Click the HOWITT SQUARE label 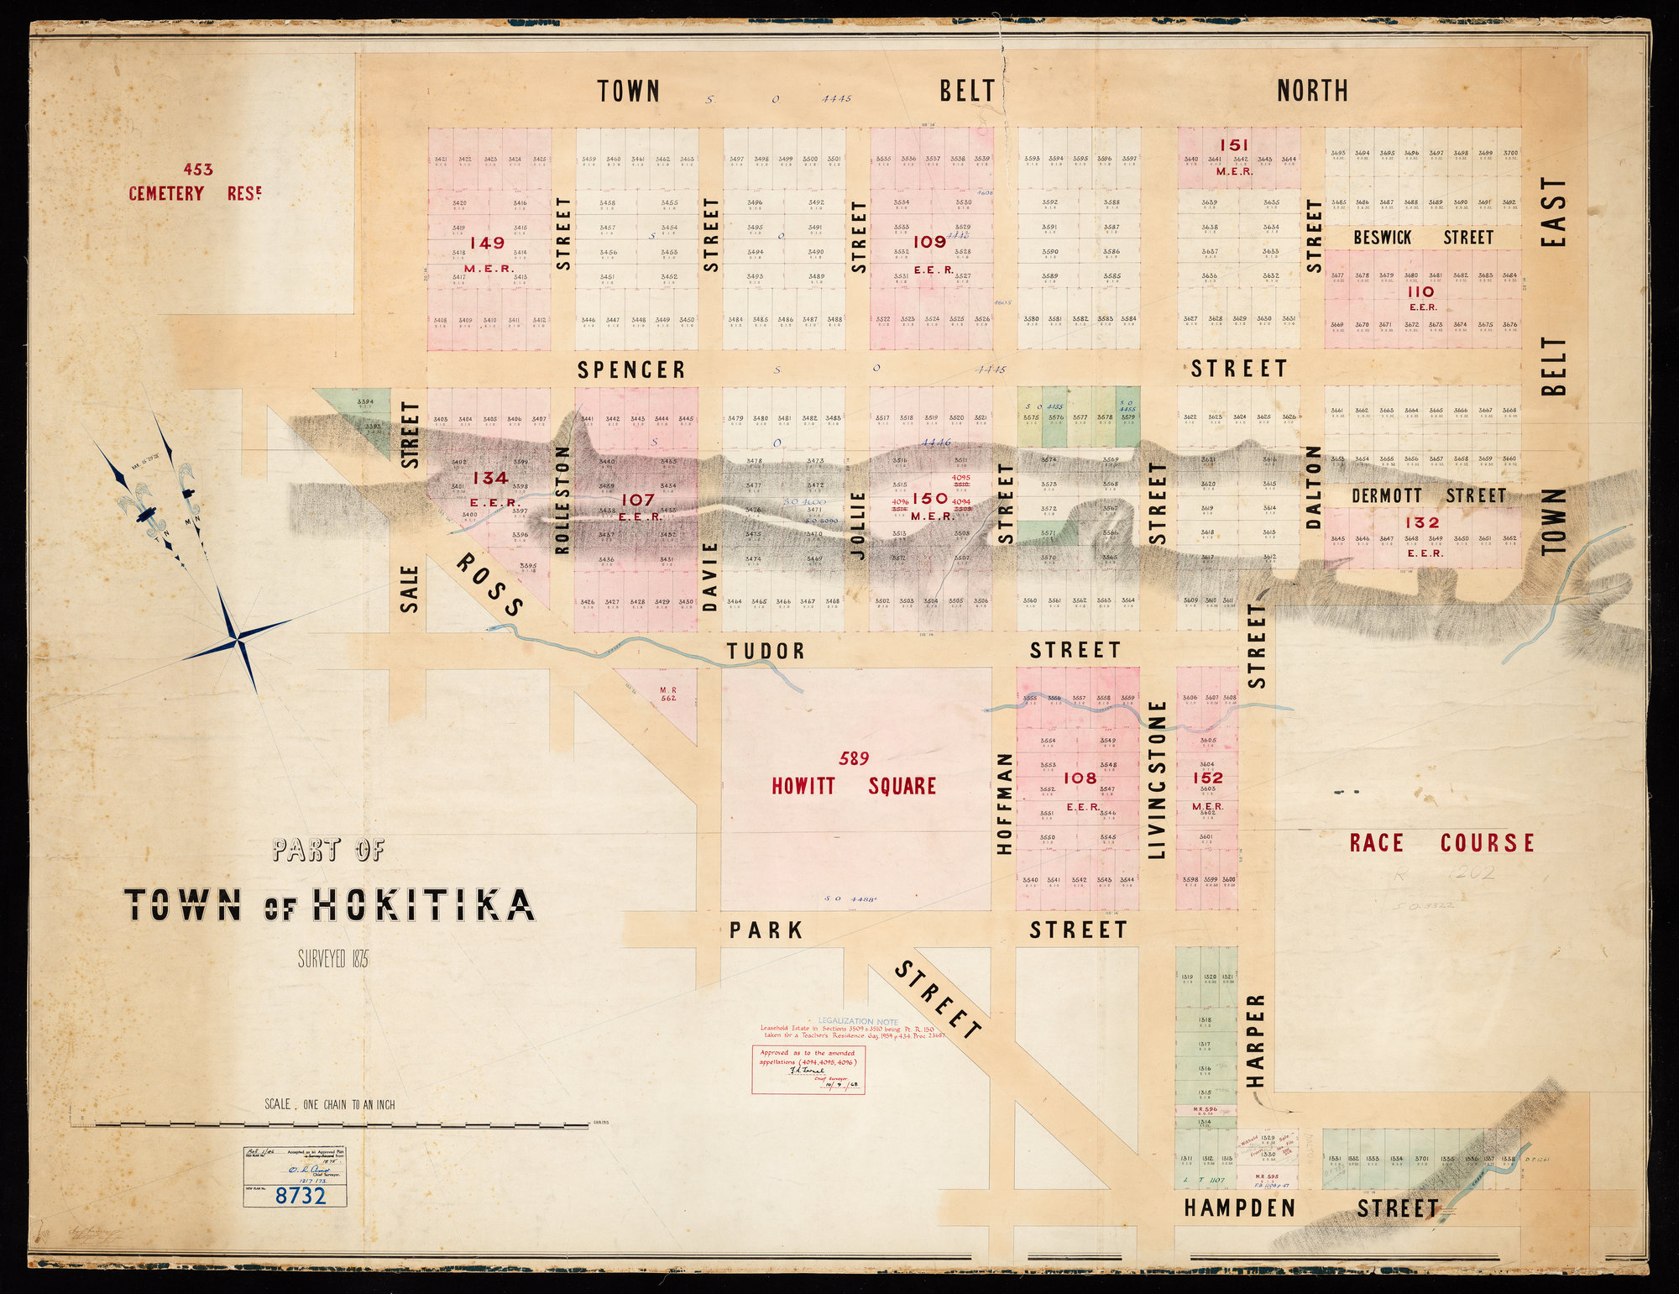point(853,786)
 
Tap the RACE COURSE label point(1441,843)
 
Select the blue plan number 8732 point(301,1195)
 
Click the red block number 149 point(487,244)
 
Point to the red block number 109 point(929,242)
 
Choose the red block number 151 point(1234,145)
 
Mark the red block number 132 point(1422,522)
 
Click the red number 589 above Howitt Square point(854,759)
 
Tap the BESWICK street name point(1382,238)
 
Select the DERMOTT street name point(1386,496)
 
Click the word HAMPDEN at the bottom point(1240,1208)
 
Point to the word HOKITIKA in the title point(424,905)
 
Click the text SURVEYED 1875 point(333,959)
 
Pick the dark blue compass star point(239,642)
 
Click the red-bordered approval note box point(808,1069)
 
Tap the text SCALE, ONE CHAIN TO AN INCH point(329,1104)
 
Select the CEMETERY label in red point(166,194)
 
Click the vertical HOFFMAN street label point(1004,804)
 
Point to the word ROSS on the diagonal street point(490,585)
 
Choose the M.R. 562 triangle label point(668,694)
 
